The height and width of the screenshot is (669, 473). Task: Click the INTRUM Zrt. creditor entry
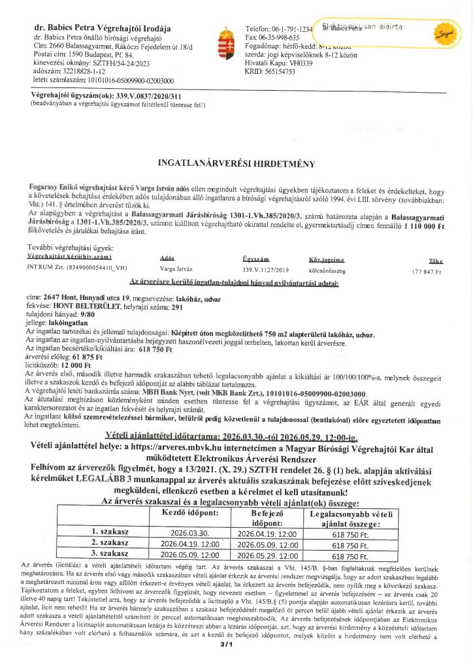pyautogui.click(x=77, y=269)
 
